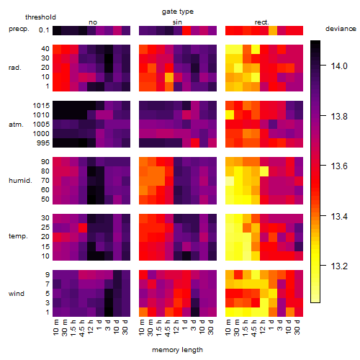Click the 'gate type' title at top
[x=178, y=12]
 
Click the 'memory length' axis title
[x=177, y=350]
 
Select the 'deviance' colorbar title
[x=341, y=29]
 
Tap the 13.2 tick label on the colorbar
[x=339, y=266]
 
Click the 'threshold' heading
[x=40, y=17]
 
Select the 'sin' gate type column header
[x=177, y=22]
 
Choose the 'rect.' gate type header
[x=261, y=22]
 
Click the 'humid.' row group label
[x=20, y=181]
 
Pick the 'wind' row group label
[x=17, y=294]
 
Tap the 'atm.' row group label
[x=16, y=125]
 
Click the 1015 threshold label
[x=41, y=106]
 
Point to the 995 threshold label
[x=43, y=143]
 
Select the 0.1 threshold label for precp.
[x=44, y=30]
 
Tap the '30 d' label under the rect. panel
[x=297, y=327]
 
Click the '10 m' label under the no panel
[x=55, y=327]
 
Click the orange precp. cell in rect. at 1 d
[x=273, y=30]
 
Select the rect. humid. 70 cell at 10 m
[x=230, y=181]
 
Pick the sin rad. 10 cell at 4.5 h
[x=169, y=77]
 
